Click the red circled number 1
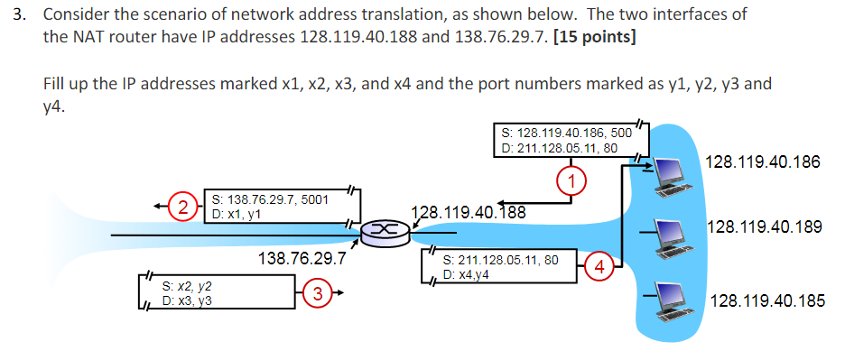[x=571, y=180]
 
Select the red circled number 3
[x=316, y=292]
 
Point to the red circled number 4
[x=600, y=265]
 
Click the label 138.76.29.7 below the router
[x=302, y=259]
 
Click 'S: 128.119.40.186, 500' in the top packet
[x=566, y=132]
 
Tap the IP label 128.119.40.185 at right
[x=767, y=300]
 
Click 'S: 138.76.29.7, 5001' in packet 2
[x=270, y=198]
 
